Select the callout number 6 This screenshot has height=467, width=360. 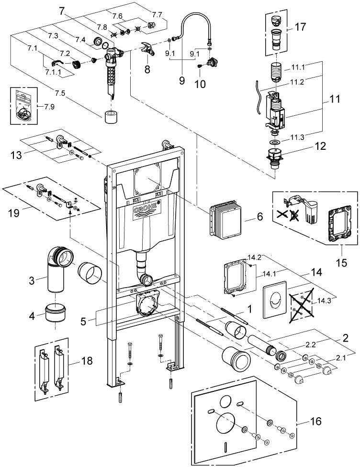(x=260, y=216)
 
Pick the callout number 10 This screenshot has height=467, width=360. (x=201, y=84)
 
